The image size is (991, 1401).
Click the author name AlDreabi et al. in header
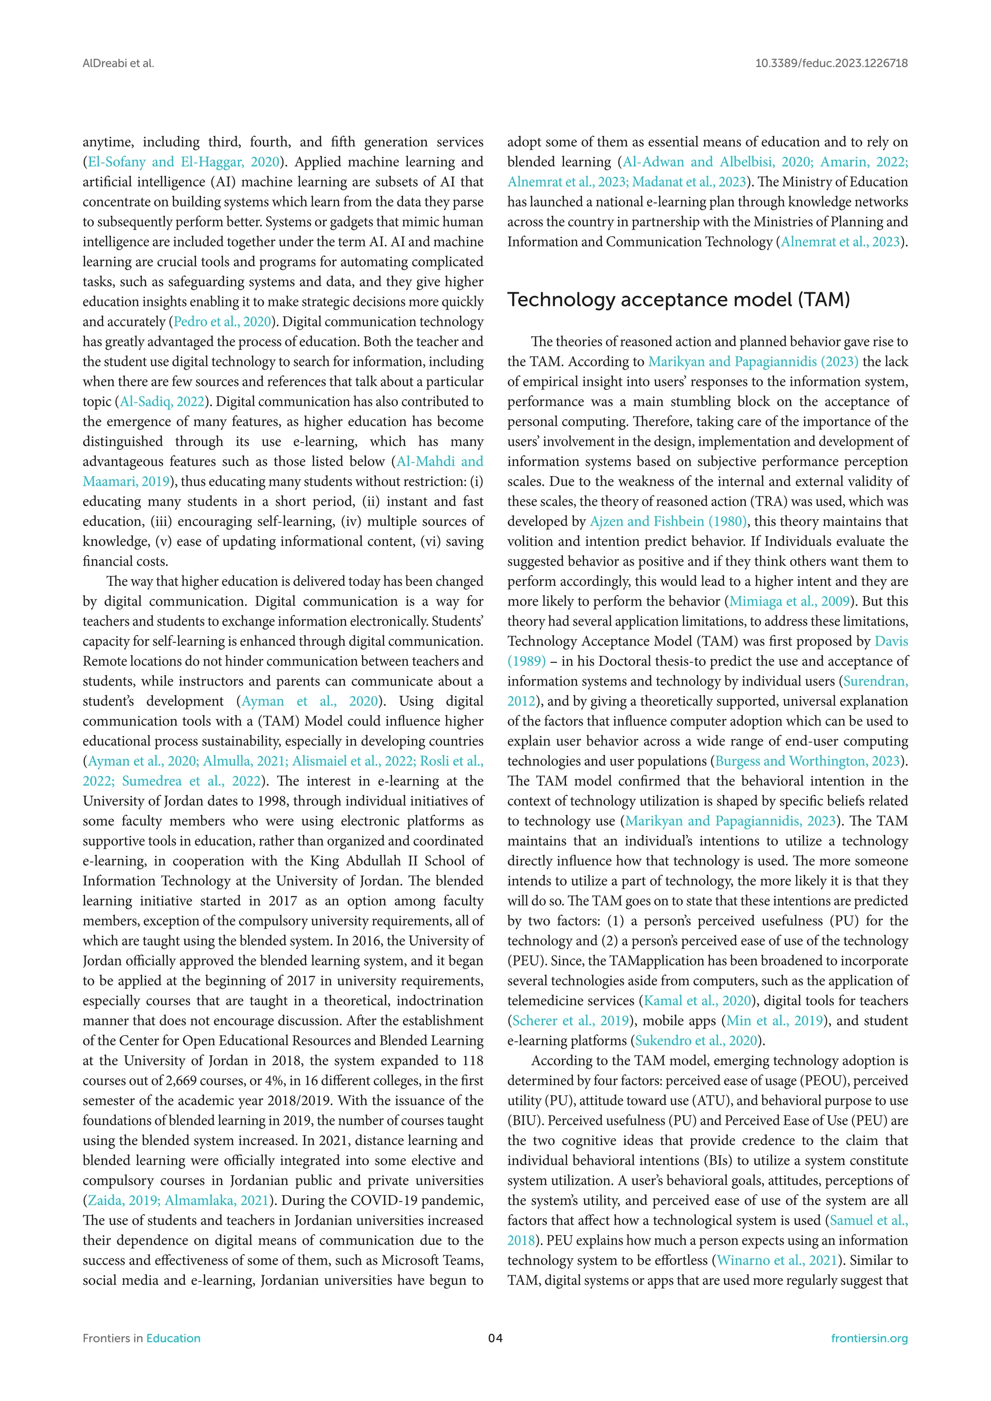[119, 63]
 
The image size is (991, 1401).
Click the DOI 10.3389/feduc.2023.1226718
[831, 63]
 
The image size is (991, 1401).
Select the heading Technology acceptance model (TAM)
[678, 299]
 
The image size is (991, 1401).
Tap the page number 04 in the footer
[495, 1338]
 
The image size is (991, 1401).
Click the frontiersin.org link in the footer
[869, 1338]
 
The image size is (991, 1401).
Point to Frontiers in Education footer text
[142, 1338]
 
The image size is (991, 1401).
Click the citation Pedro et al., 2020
[222, 322]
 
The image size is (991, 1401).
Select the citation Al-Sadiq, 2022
[162, 402]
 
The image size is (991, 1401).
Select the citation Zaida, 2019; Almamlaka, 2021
[178, 1200]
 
